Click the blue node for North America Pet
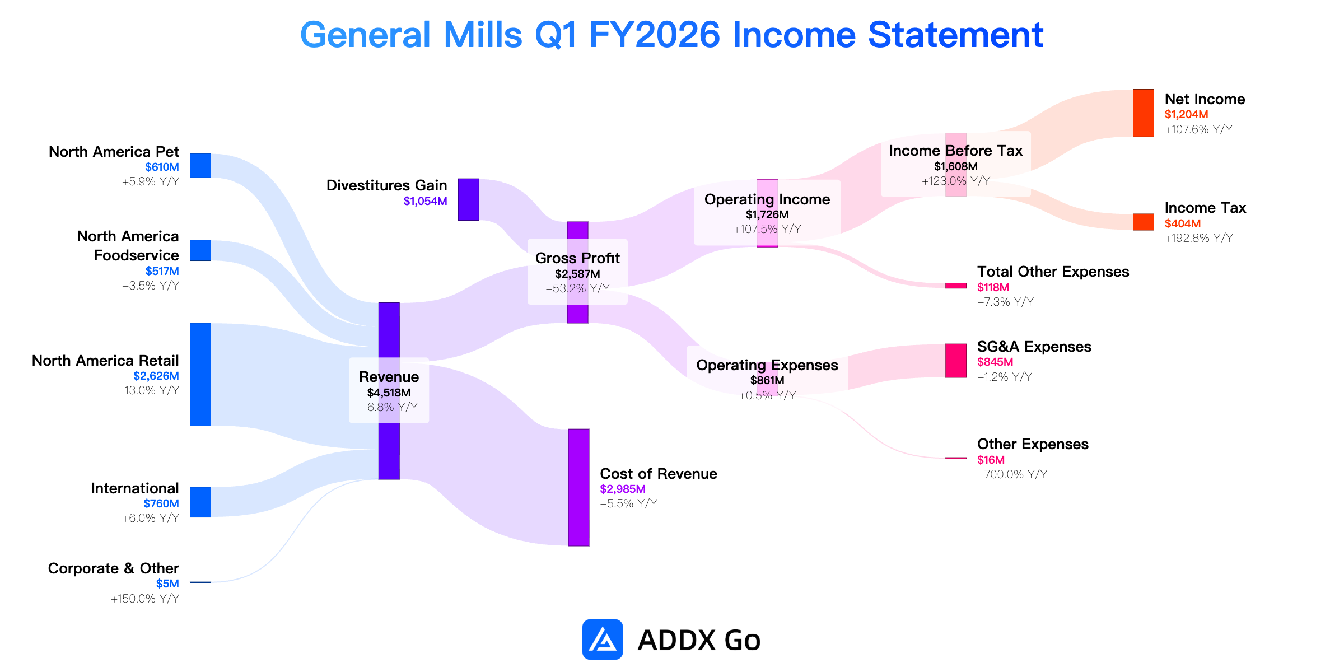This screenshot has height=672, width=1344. pos(200,165)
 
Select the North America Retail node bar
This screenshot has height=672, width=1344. pos(200,374)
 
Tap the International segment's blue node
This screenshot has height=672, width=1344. pos(200,502)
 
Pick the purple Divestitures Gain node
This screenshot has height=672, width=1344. pos(468,199)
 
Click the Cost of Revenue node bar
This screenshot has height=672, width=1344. pos(578,487)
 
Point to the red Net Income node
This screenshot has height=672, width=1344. pos(1143,113)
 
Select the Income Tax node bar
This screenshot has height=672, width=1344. pos(1143,222)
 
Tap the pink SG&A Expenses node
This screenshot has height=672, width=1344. pos(956,361)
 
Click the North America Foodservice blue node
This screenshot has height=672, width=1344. pos(200,250)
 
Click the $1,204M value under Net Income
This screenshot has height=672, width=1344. pos(1186,115)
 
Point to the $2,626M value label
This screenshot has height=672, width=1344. pos(156,376)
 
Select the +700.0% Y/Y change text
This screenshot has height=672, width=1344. pos(1012,474)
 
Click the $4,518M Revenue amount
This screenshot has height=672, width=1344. pos(389,393)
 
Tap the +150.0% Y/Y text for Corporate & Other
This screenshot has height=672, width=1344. pos(145,599)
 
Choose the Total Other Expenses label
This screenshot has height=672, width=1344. pos(1053,272)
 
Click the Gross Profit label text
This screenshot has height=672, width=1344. pos(577,258)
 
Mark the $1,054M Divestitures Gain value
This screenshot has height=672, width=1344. pos(425,201)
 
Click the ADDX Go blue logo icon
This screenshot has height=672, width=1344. pos(603,640)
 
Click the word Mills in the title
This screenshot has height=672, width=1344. pos(483,35)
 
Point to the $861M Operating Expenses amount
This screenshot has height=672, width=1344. pos(767,380)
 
